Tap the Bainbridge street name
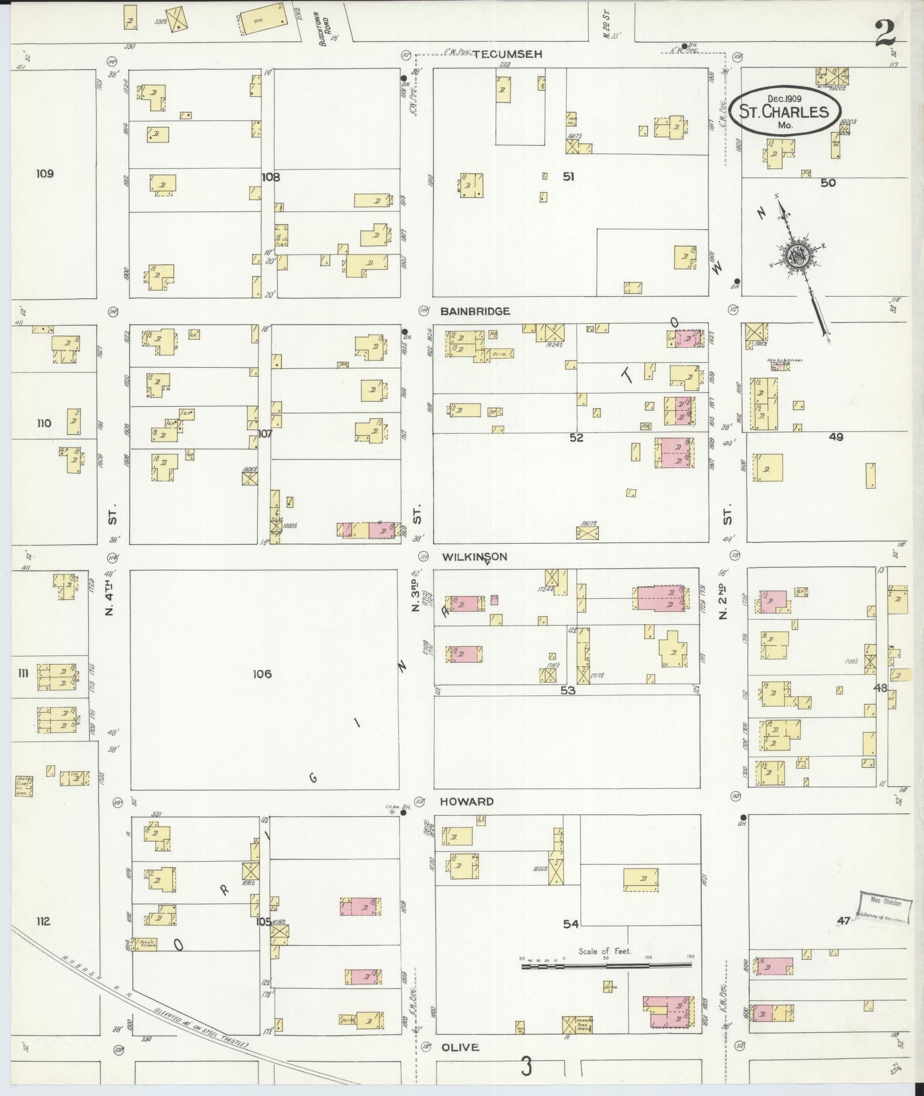tap(475, 311)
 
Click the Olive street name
tap(459, 1047)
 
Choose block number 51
tap(568, 176)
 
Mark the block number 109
tap(44, 174)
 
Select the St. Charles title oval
tap(785, 111)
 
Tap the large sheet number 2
tap(885, 33)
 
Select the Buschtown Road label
tap(325, 29)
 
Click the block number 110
tap(44, 423)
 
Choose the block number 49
tap(836, 437)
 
